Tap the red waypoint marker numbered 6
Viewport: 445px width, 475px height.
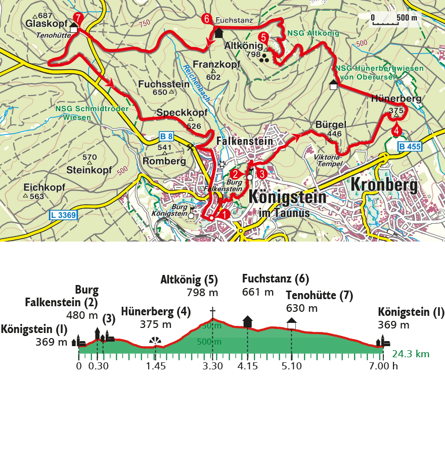[x=206, y=19]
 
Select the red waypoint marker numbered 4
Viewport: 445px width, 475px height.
[x=396, y=131]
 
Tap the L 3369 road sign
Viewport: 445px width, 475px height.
[x=64, y=215]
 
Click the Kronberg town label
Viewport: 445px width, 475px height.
[x=384, y=186]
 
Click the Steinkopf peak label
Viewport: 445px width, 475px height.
[x=89, y=170]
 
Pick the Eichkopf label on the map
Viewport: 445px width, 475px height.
[x=44, y=187]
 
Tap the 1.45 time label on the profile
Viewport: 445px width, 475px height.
[x=156, y=366]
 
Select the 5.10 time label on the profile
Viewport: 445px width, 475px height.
[x=291, y=366]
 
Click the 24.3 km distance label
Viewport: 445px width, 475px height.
[x=410, y=354]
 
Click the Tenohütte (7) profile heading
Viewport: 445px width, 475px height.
[x=319, y=296]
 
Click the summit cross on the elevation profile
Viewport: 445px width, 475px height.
[x=213, y=311]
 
